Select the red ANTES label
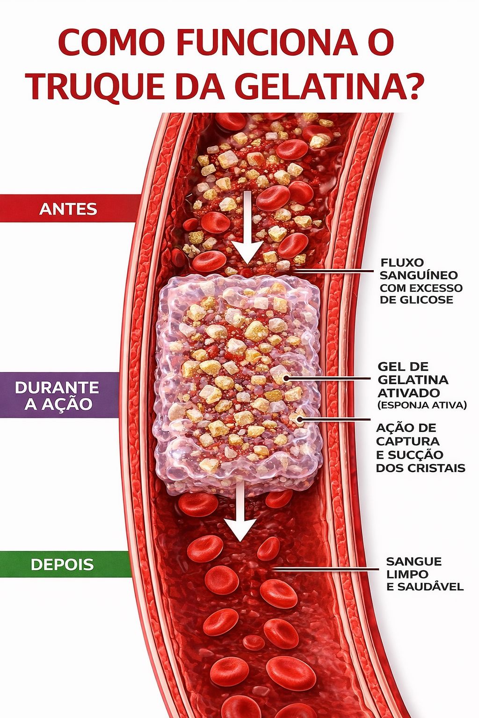(x=68, y=208)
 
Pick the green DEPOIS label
(x=62, y=564)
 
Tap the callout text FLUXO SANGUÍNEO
(x=419, y=269)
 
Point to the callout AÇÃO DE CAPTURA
(x=407, y=434)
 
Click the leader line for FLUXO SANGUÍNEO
(x=332, y=270)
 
